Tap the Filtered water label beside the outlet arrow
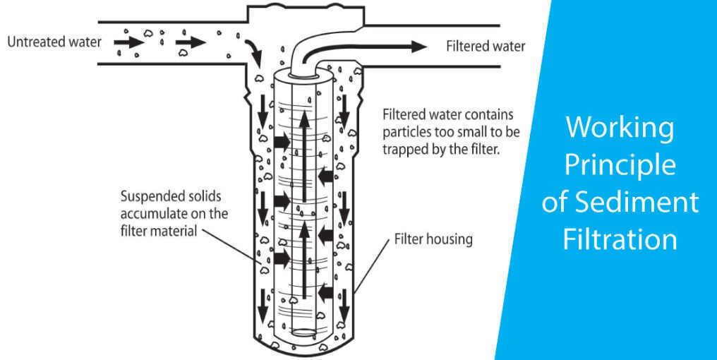click(x=486, y=47)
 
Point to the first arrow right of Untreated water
click(x=128, y=42)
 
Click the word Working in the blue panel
click(x=620, y=128)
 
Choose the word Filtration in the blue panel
click(x=620, y=239)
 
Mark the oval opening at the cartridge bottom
click(x=304, y=332)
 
